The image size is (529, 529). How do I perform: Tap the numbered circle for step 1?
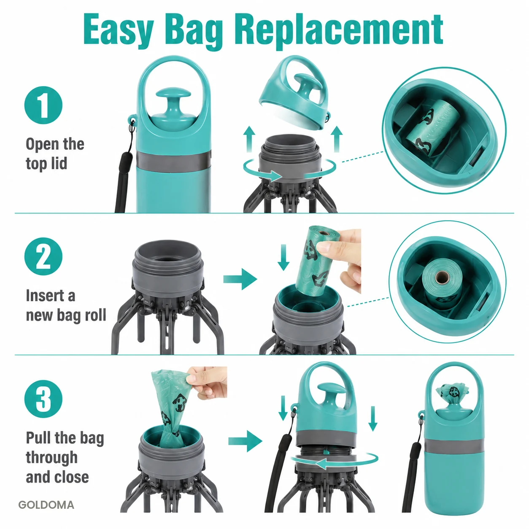pyautogui.click(x=43, y=105)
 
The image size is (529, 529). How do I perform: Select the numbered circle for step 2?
pyautogui.click(x=43, y=256)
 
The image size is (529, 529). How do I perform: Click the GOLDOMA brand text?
pyautogui.click(x=46, y=505)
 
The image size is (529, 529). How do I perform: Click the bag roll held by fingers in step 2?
pyautogui.click(x=320, y=260)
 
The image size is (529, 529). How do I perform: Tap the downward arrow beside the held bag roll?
pyautogui.click(x=283, y=257)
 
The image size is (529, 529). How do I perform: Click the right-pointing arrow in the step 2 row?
pyautogui.click(x=240, y=279)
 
